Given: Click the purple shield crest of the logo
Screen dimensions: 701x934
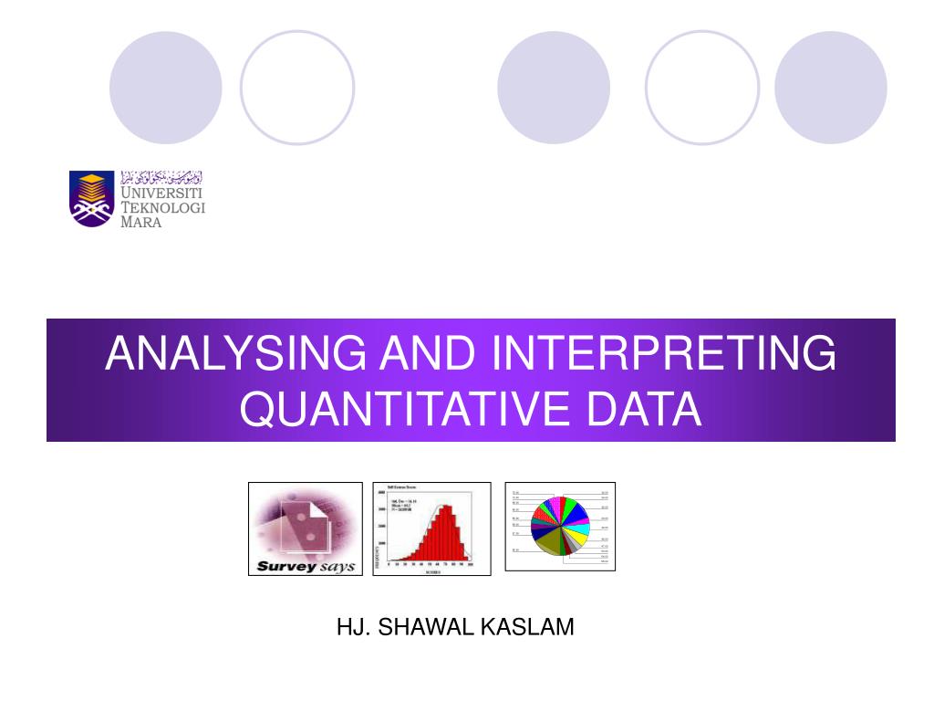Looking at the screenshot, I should click(x=92, y=198).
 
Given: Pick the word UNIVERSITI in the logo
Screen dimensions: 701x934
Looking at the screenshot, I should click(x=162, y=193).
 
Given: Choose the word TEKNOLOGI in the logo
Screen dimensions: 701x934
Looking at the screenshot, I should click(x=163, y=208).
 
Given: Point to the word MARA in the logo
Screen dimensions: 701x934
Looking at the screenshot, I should click(x=141, y=223).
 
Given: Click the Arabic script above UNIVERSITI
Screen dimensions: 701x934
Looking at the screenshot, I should click(x=161, y=177).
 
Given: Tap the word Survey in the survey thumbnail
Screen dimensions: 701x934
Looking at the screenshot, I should click(x=285, y=566).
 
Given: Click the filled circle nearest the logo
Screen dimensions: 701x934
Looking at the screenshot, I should click(x=166, y=88).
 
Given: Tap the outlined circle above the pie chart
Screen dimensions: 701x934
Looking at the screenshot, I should click(x=702, y=88).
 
